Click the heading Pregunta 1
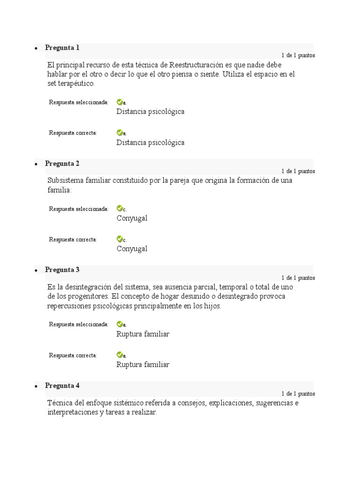coord(62,48)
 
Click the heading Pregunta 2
coord(62,164)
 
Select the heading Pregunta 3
coord(62,270)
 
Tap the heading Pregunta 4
coord(62,386)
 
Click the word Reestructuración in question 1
coord(196,65)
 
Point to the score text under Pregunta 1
coord(298,55)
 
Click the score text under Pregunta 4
coord(298,394)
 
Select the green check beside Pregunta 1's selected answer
coord(120,102)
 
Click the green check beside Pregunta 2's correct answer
coord(120,240)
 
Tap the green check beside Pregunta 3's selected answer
coord(120,324)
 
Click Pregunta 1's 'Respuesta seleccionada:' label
coord(79,102)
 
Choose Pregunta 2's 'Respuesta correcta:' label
coord(73,240)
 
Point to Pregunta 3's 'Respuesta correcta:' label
coord(73,355)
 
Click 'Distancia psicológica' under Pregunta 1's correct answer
coord(150,142)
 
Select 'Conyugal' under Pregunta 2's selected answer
coord(132,218)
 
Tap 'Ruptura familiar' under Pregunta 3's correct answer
coord(142,365)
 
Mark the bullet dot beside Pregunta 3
coord(36,271)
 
